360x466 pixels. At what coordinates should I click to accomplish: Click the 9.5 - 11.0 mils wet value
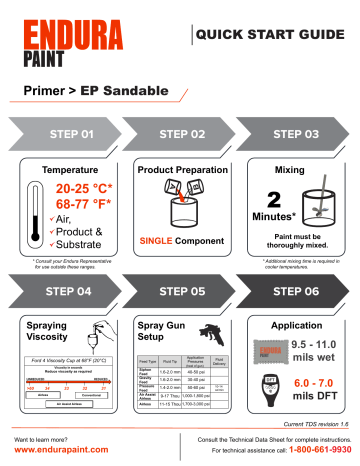[x=305, y=348]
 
